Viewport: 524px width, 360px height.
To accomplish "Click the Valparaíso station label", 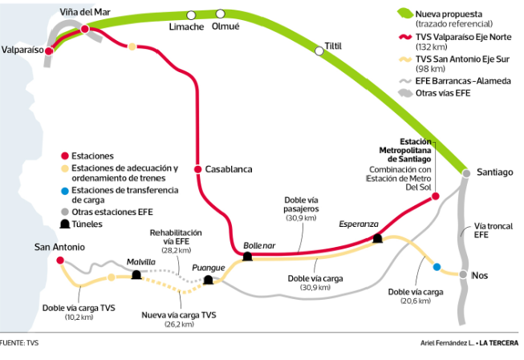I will coord(22,49).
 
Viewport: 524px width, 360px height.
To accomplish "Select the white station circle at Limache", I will coord(190,14).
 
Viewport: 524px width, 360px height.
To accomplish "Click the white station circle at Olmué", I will coord(221,14).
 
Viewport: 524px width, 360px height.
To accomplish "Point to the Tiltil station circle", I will coord(319,51).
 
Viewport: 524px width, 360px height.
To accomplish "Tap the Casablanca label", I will coord(229,169).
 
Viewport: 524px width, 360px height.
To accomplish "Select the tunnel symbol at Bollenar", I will coord(247,256).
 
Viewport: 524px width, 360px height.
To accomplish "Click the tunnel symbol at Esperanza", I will coord(376,237).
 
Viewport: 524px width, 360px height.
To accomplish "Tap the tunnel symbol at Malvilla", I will coord(136,275).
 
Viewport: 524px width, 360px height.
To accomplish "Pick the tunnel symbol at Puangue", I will coord(208,280).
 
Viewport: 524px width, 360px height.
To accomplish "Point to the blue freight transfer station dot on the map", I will coord(437,266).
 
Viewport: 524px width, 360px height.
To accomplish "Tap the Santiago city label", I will coord(494,172).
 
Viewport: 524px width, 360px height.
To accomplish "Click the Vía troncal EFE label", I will coord(487,231).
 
